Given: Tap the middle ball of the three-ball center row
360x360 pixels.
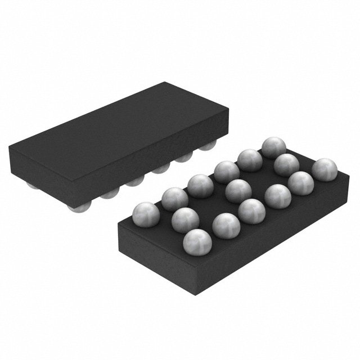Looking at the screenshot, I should click(237, 190).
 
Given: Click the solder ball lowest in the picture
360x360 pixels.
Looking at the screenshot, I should click(197, 242).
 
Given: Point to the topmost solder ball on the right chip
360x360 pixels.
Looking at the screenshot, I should click(273, 147).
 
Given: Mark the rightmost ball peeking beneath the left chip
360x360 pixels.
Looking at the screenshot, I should click(209, 147).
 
